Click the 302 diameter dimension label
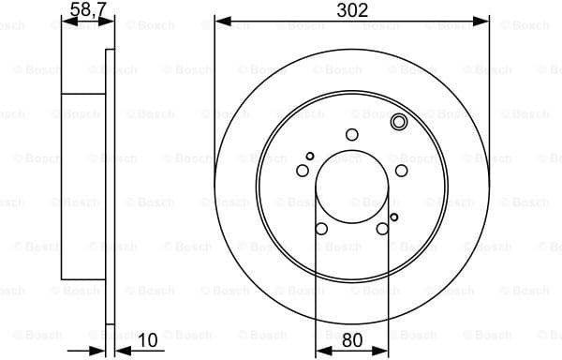(x=352, y=10)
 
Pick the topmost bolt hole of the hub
(x=352, y=134)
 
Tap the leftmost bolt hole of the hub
(x=302, y=170)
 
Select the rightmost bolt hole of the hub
(x=402, y=170)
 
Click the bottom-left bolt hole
(x=321, y=229)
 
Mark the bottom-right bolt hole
(x=382, y=229)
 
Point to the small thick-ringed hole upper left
(x=310, y=155)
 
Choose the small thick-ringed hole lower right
(x=394, y=217)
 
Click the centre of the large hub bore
(x=352, y=187)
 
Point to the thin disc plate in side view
(x=110, y=187)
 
